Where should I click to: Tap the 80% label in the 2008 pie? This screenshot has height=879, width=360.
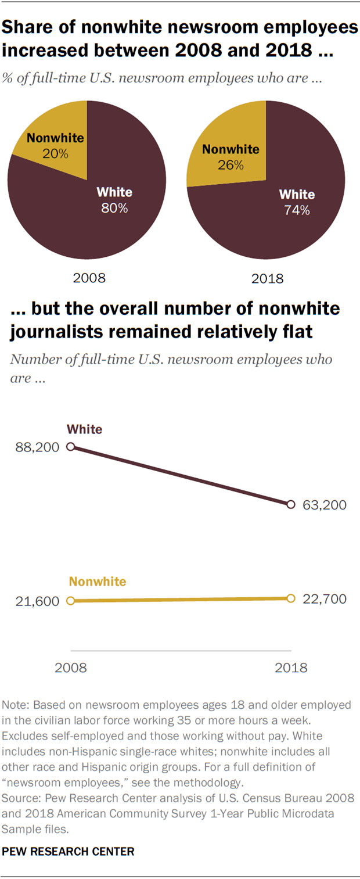pos(114,208)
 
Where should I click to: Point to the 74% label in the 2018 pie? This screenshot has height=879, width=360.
pos(297,210)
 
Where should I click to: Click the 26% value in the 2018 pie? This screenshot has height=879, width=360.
pos(231,165)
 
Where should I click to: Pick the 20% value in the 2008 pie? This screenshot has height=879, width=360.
pos(56,154)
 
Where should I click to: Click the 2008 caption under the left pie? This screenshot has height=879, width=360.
pos(89,278)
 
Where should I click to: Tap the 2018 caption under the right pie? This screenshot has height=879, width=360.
pos(268,278)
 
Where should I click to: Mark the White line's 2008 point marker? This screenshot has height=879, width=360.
pos(70,447)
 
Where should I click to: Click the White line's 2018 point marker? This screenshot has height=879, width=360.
pos(291,504)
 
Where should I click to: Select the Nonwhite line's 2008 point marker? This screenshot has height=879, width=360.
pos(70,601)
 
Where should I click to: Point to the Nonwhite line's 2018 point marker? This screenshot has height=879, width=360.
pos(291,598)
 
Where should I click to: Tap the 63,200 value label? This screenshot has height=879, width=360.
pos(325,505)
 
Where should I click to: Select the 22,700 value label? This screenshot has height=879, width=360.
pos(325,599)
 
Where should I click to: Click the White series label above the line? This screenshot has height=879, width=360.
pos(84,429)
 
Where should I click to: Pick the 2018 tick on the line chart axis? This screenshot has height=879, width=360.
pos(291,668)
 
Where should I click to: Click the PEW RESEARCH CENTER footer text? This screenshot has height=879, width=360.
pos(69,852)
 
